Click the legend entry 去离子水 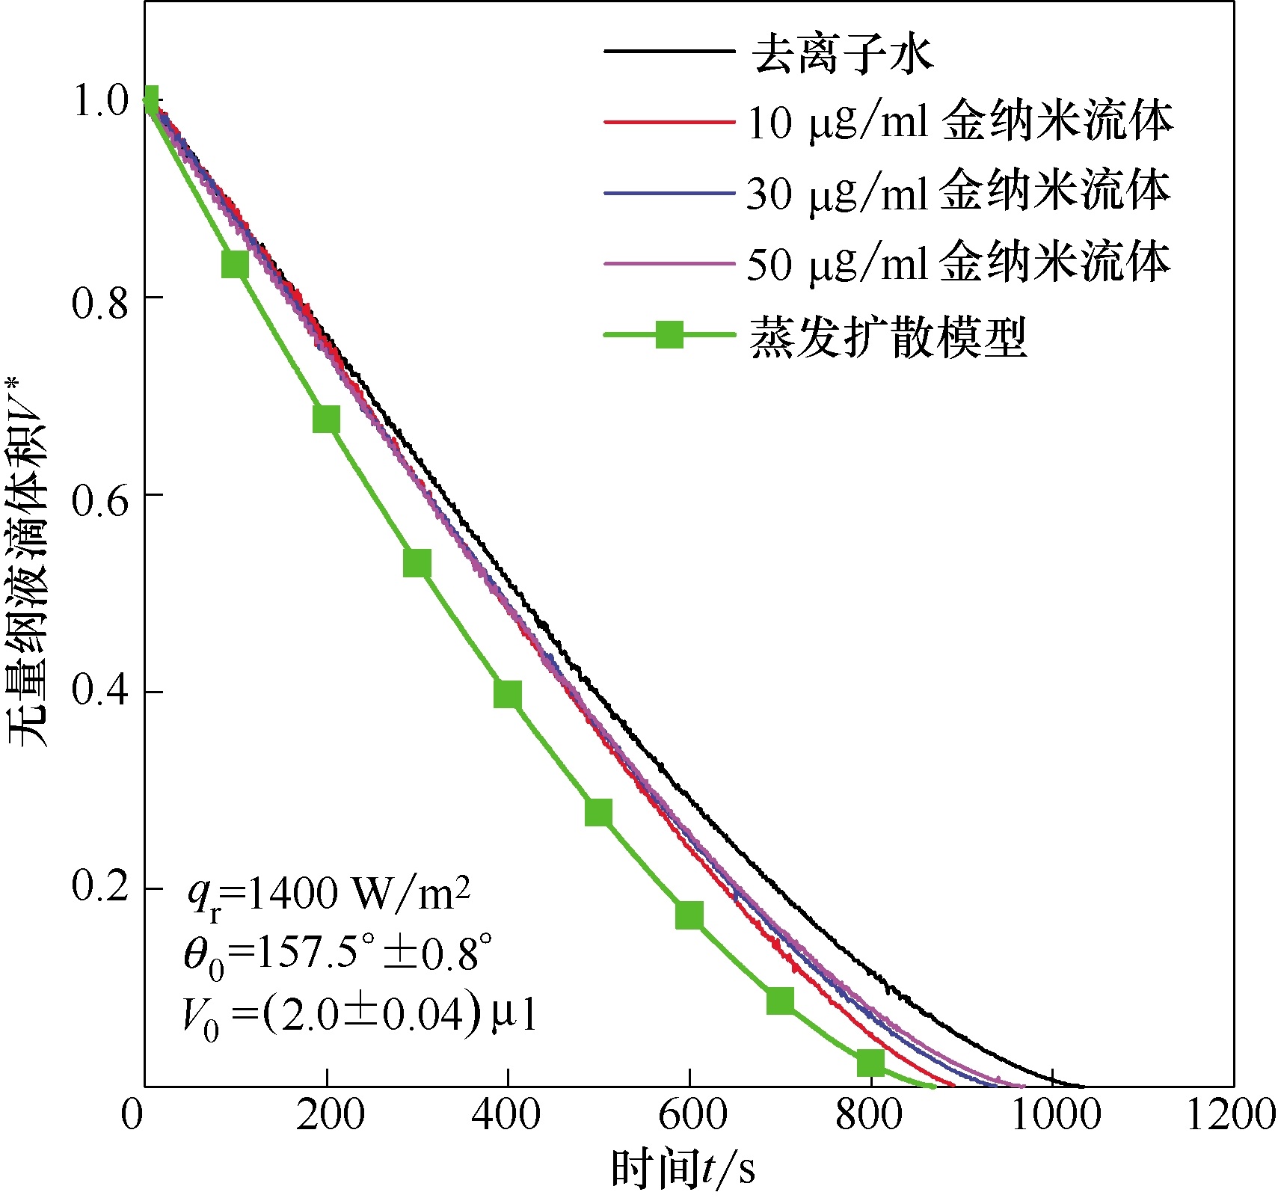(842, 52)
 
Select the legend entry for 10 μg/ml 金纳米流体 (959, 121)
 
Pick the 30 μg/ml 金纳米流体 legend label (958, 192)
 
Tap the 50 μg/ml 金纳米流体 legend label (958, 262)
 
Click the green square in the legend (669, 334)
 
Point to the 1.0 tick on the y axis (101, 100)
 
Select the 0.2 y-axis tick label (101, 888)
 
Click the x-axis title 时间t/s (683, 1169)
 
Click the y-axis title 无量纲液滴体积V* (28, 561)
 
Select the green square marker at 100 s (235, 264)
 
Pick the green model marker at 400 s (507, 694)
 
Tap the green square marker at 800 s (870, 1062)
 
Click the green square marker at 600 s (689, 915)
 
